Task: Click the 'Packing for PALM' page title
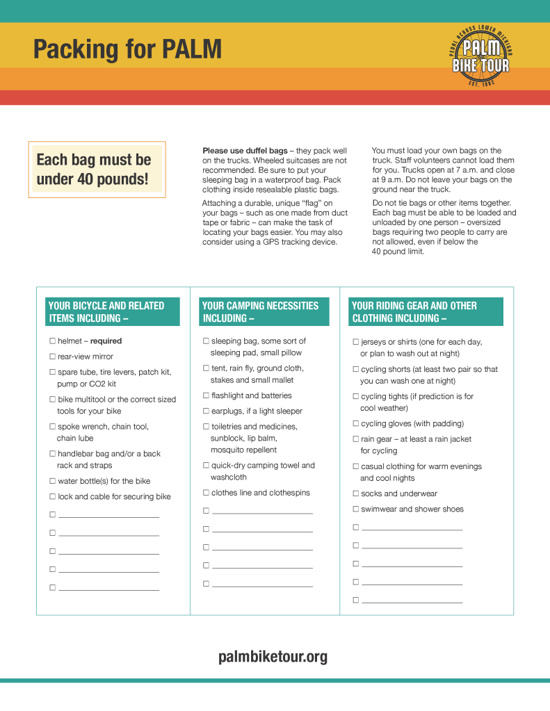[x=127, y=50]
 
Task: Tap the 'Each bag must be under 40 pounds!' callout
[x=97, y=170]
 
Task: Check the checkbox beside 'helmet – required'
[x=52, y=341]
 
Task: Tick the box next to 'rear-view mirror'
[x=52, y=357]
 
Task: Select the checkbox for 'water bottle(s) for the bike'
[x=52, y=481]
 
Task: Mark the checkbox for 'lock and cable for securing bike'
[x=52, y=496]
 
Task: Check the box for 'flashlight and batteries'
[x=206, y=395]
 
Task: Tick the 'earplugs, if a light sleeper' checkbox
[x=206, y=411]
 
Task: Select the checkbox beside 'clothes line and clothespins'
[x=206, y=493]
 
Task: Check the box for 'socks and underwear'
[x=356, y=493]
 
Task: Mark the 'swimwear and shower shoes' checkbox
[x=356, y=509]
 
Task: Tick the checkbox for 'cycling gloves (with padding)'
[x=356, y=423]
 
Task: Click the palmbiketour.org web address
[x=273, y=657]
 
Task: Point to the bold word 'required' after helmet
[x=106, y=341]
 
